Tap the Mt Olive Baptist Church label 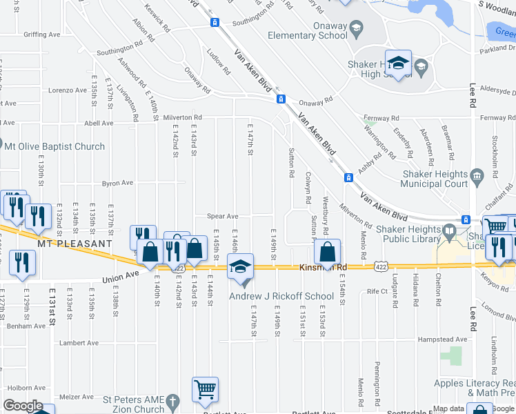[54, 146]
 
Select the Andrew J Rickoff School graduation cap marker [240, 267]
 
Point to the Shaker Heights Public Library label [400, 235]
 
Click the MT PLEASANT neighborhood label [76, 244]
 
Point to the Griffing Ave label [41, 34]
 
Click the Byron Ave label [117, 184]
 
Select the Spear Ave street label [223, 217]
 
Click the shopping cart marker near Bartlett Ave [205, 390]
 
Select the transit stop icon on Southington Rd [215, 22]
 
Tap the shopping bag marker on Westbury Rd [328, 251]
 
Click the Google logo [23, 406]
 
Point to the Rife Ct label [377, 291]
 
